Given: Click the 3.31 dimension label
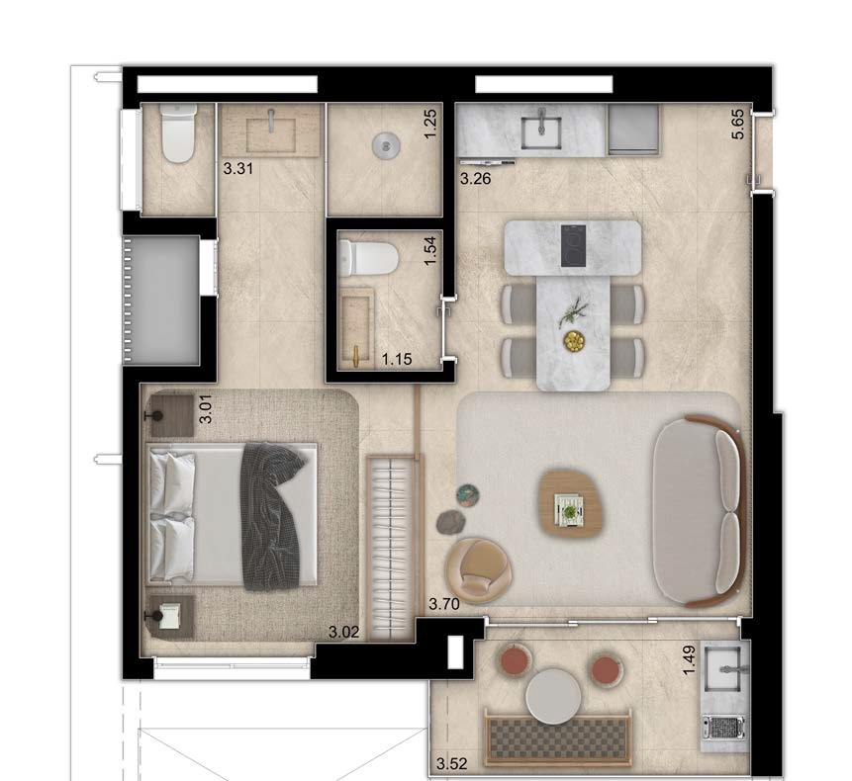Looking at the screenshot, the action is click(x=238, y=169).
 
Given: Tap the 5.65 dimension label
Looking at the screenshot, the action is click(x=738, y=125).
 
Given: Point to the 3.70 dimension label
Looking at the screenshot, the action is click(x=444, y=604).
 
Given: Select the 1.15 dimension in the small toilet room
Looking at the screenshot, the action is click(x=397, y=359).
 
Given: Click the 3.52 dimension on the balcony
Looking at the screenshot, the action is click(x=451, y=764).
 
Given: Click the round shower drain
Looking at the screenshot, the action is click(x=386, y=146).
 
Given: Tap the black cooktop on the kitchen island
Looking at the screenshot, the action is click(x=573, y=246).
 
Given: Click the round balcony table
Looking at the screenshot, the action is click(x=554, y=696).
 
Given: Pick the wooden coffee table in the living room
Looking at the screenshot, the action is click(x=571, y=503).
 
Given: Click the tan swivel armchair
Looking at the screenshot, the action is click(x=478, y=569).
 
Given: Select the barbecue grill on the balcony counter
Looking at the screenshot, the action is click(x=723, y=728).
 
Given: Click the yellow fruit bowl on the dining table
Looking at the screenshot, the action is click(x=574, y=341).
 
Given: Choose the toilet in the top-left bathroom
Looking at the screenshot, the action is click(x=178, y=133).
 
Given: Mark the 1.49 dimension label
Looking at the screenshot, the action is click(x=690, y=660).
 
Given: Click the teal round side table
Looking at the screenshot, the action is click(x=468, y=495).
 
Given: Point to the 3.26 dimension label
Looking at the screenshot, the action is click(x=476, y=179).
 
